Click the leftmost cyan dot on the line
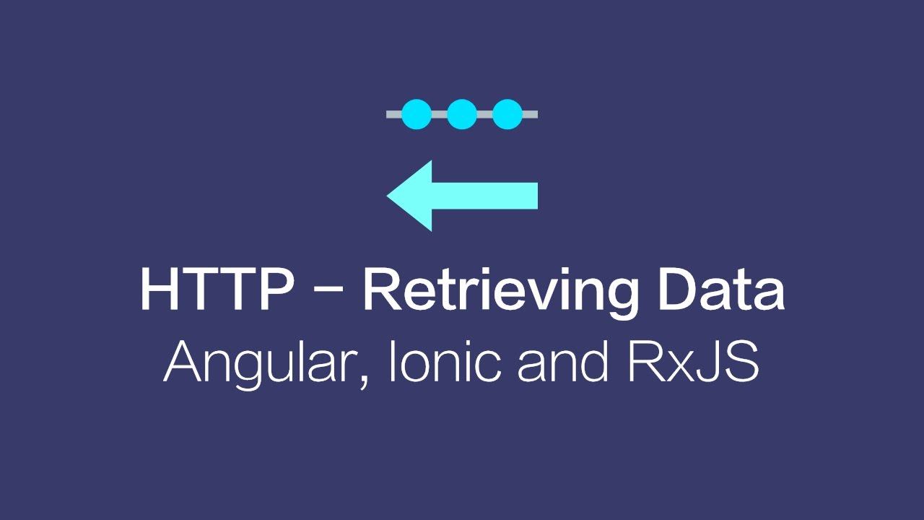[417, 114]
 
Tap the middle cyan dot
[462, 114]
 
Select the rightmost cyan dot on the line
[507, 114]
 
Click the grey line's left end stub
[393, 114]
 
